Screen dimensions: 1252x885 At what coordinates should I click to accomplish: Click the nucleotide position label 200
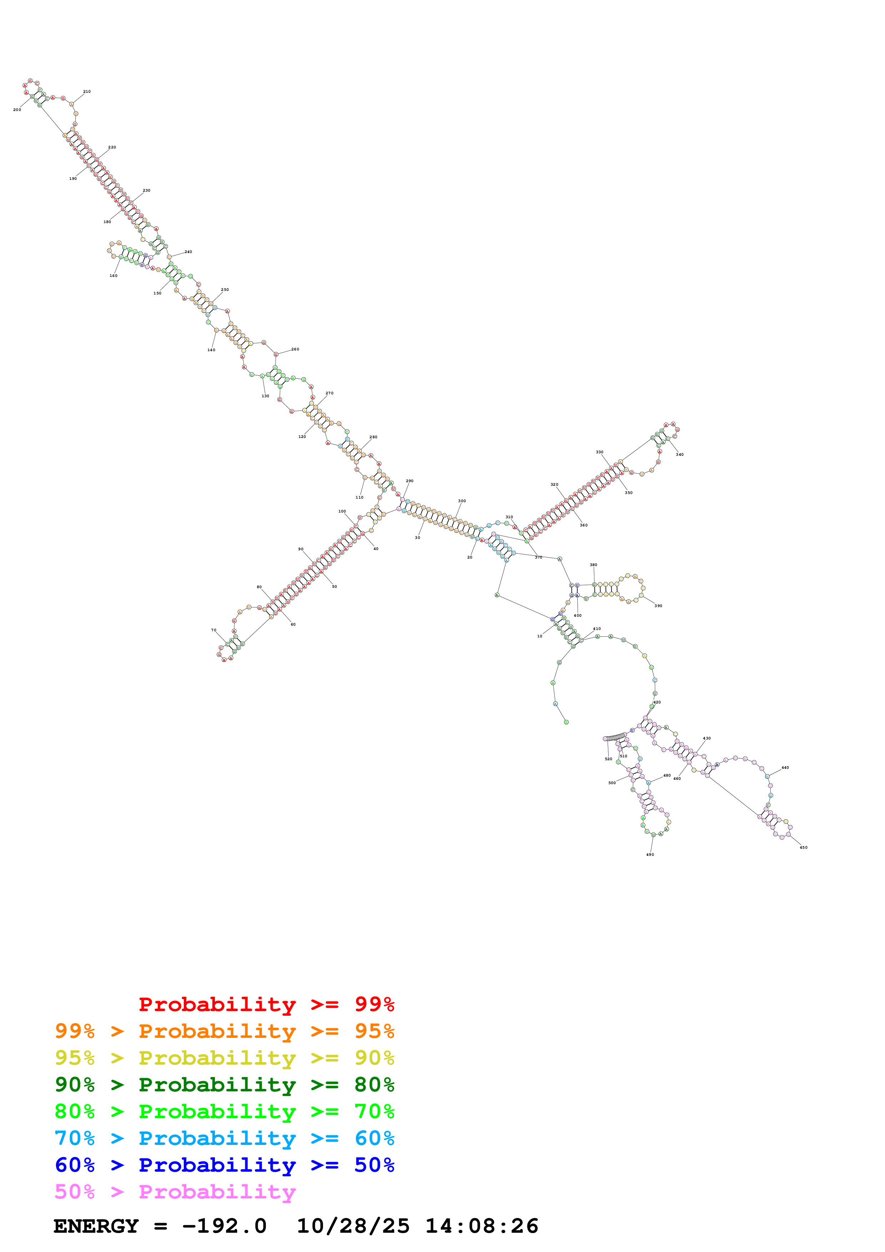click(x=17, y=110)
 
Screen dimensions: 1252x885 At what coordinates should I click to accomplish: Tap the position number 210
click(x=87, y=92)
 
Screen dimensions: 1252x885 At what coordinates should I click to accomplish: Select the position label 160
click(x=114, y=276)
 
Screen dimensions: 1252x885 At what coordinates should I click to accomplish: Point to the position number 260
click(x=295, y=349)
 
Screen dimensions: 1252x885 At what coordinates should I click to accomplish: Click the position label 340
click(x=679, y=454)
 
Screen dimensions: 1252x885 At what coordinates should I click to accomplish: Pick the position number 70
click(x=214, y=630)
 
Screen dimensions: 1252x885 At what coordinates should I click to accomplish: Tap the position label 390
click(x=658, y=606)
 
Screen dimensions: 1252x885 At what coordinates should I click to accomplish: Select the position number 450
click(x=803, y=847)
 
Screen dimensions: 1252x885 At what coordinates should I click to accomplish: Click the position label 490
click(x=650, y=854)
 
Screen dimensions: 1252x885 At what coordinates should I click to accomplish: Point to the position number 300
click(x=462, y=501)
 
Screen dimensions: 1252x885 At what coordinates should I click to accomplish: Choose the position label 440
click(x=785, y=768)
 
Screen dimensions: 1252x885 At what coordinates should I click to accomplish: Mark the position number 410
click(x=597, y=629)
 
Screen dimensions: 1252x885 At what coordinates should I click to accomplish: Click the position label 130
click(x=265, y=396)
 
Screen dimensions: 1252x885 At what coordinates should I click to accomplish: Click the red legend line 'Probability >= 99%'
click(x=266, y=1004)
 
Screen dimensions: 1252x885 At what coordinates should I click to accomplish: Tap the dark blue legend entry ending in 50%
click(x=224, y=1165)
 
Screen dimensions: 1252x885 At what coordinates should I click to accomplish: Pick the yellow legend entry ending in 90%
click(x=224, y=1058)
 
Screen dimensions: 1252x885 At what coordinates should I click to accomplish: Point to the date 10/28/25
click(x=353, y=1226)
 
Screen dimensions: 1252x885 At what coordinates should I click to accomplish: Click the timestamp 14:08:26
click(x=482, y=1226)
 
